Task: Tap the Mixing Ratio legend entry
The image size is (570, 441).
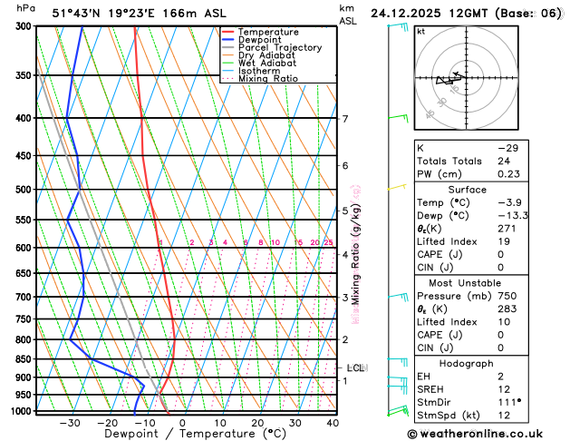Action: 268,79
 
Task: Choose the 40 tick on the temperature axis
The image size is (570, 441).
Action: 333,422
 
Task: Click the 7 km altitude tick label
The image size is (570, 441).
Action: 344,119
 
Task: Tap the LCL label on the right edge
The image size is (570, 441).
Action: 356,367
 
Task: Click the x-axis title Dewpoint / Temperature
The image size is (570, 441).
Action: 180,435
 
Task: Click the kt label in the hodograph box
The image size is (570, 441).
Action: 420,31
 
